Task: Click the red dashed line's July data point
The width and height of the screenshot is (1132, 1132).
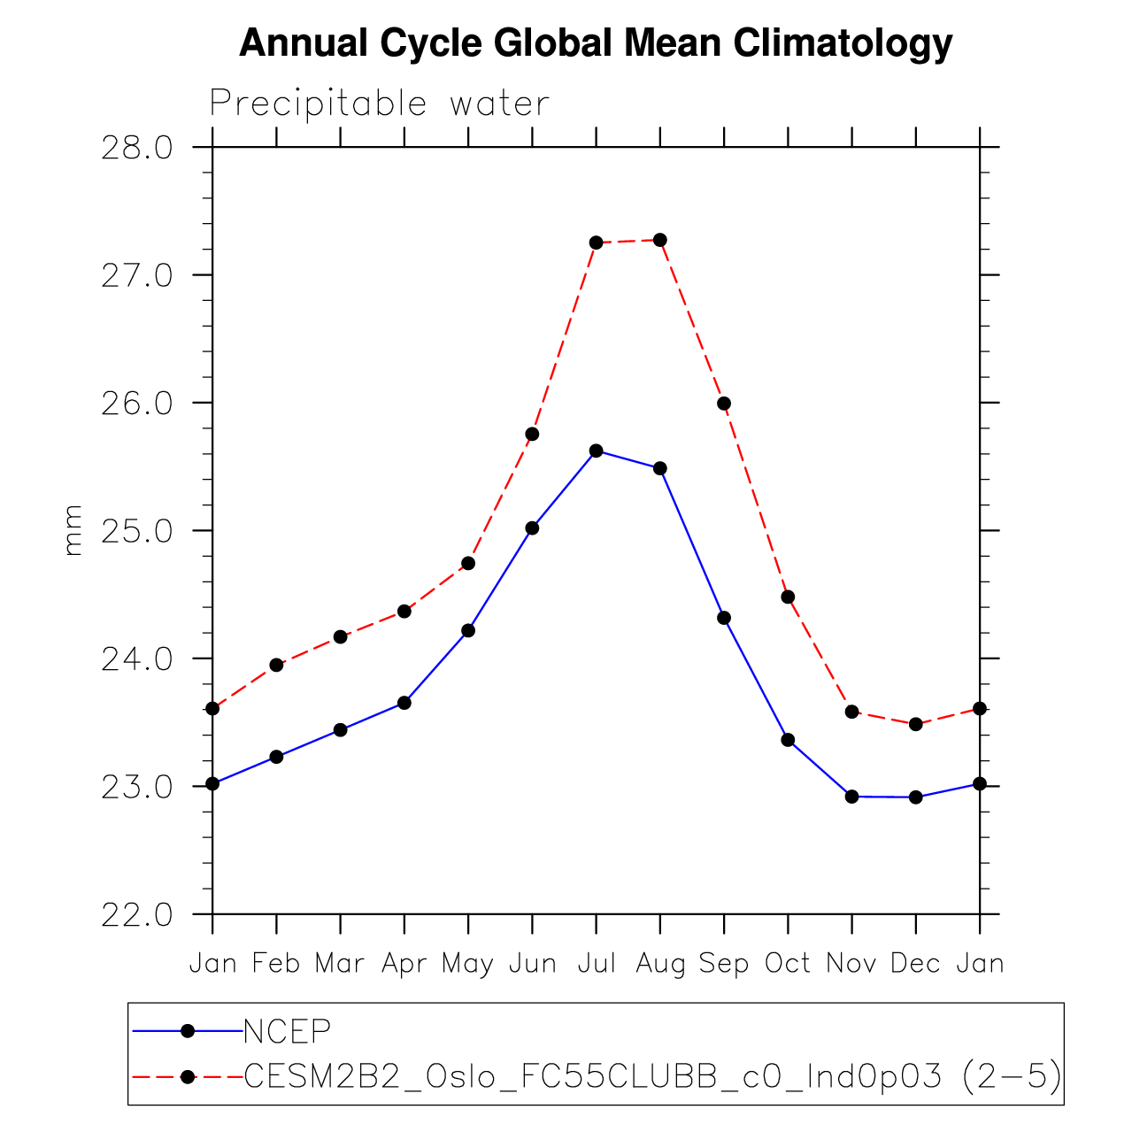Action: point(596,243)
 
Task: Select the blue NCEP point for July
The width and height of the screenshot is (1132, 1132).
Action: point(596,450)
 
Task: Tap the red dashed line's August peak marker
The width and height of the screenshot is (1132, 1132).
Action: point(659,240)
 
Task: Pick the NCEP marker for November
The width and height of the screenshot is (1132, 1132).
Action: point(851,797)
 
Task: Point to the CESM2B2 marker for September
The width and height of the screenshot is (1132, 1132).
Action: point(724,404)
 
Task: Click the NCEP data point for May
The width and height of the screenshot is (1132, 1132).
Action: point(468,630)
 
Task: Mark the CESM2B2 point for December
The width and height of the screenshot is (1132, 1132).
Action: point(915,724)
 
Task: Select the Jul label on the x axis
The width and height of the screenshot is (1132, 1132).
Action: point(596,963)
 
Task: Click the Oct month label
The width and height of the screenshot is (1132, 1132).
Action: point(788,963)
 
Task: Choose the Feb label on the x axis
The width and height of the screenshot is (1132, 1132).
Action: point(276,963)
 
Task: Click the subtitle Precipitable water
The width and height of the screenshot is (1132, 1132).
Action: point(379,104)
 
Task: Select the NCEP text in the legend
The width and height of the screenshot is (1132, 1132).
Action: point(287,1031)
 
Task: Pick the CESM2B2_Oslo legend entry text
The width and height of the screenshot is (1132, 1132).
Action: point(651,1076)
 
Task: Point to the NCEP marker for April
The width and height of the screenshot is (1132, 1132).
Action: point(404,703)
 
